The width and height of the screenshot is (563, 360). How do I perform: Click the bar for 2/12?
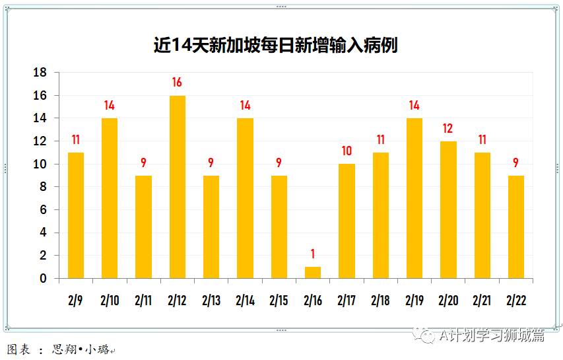177,187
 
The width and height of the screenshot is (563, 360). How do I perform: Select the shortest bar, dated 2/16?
313,272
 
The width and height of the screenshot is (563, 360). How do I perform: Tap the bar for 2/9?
76,215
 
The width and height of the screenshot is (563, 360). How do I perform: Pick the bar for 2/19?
414,198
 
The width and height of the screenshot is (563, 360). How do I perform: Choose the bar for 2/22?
516,227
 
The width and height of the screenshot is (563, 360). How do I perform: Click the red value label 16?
177,83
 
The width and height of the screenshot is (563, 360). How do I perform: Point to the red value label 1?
313,254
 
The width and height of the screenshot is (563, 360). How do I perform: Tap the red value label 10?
347,151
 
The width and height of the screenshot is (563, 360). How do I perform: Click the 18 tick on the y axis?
40,73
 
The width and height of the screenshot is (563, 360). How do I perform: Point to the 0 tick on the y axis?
44,279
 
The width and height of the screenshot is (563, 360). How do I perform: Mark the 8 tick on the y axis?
44,187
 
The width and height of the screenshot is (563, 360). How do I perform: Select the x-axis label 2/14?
245,301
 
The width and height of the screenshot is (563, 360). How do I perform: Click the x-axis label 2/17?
347,301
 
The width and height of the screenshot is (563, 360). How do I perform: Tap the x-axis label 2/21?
482,301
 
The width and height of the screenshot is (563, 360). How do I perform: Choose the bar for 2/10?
110,198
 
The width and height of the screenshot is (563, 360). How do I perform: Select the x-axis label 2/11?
143,301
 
